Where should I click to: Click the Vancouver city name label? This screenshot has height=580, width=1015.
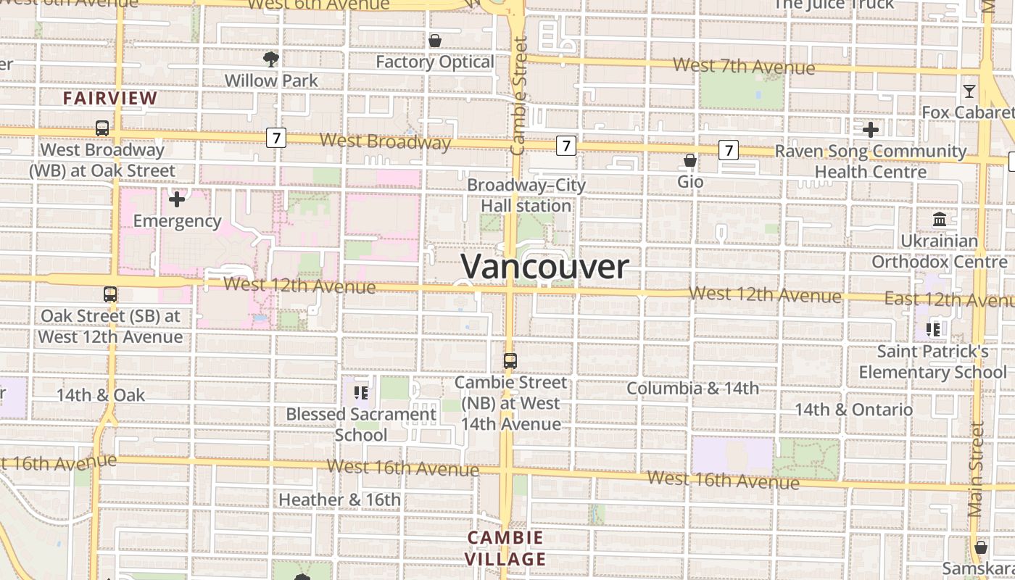coord(544,266)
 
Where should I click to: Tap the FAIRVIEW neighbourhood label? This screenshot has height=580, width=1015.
coord(110,98)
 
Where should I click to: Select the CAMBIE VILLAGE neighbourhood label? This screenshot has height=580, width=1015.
coord(505,548)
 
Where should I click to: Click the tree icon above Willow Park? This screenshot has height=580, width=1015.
coord(271,59)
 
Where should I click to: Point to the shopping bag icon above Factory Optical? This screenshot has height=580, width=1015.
coord(435,41)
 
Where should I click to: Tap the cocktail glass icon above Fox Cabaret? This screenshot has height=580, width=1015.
coord(969,91)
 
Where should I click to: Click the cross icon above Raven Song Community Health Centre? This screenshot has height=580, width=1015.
coord(871,130)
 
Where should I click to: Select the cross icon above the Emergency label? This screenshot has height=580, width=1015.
coord(177,199)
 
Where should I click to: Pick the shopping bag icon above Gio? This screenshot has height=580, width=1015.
coord(690,160)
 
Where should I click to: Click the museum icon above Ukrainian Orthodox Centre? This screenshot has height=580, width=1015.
coord(940,219)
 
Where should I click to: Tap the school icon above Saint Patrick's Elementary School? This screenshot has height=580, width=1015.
coord(933,330)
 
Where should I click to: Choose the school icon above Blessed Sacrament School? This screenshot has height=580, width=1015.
coord(360,393)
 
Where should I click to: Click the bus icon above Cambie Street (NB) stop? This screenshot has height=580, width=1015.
coord(510,360)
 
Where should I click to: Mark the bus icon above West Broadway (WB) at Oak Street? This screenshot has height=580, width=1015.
coord(102,128)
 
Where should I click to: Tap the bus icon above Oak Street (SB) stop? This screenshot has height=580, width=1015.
coord(110,294)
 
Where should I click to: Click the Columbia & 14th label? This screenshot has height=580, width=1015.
coord(692,389)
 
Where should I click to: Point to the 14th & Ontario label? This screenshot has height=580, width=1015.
coord(853,410)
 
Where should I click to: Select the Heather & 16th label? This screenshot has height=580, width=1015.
coord(339,500)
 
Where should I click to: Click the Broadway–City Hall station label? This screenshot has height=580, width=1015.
coord(526,195)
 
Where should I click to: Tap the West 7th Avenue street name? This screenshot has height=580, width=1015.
coord(744,67)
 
